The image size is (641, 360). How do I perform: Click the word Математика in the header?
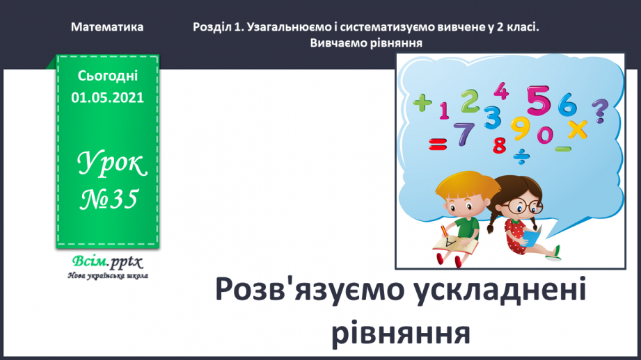(107, 27)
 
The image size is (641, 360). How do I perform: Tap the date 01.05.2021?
(107, 97)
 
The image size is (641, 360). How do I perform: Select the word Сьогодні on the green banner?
(107, 76)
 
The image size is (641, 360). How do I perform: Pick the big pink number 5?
(538, 101)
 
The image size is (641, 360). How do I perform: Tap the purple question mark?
(599, 110)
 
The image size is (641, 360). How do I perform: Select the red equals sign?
(437, 145)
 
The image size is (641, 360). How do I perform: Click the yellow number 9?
(519, 128)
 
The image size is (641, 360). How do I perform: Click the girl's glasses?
(523, 206)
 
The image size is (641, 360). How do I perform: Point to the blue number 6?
(568, 105)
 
